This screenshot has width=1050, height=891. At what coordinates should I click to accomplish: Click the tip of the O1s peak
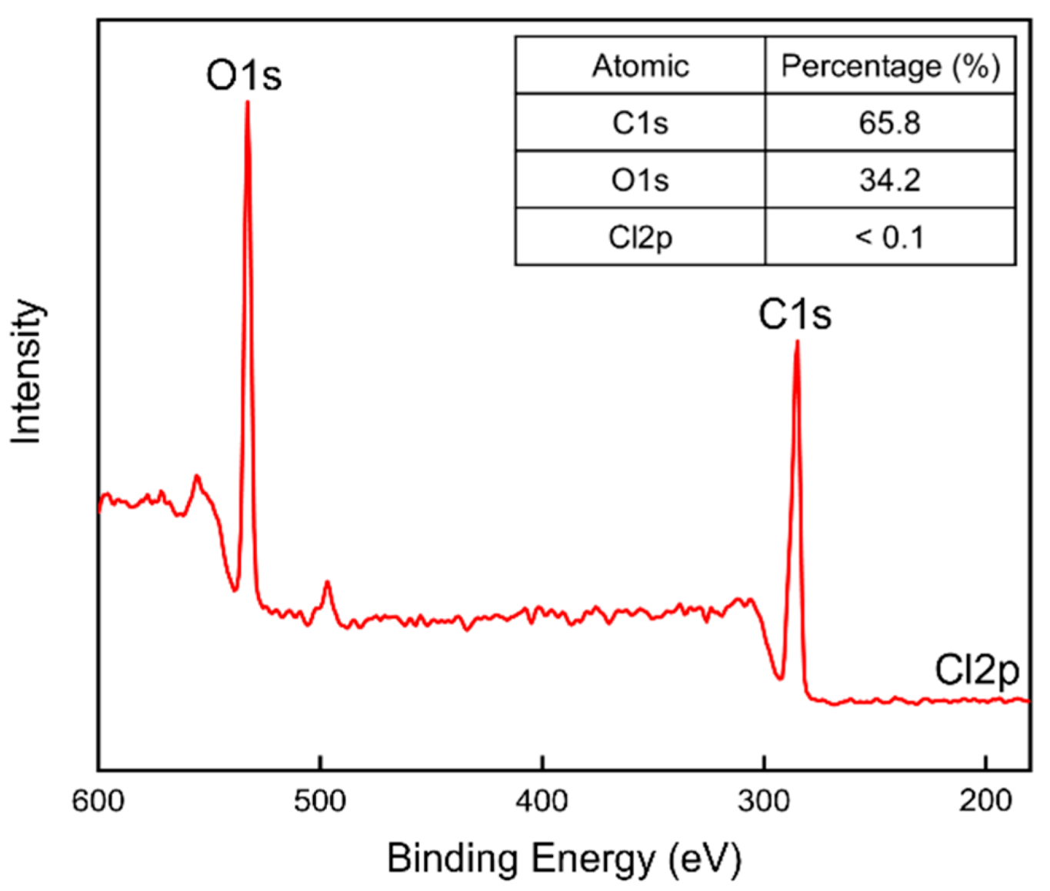(x=247, y=102)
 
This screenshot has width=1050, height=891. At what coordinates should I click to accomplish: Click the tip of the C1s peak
(x=797, y=342)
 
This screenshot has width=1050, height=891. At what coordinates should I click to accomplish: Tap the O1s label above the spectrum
(x=244, y=75)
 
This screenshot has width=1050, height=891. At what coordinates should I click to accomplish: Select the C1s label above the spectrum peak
(x=795, y=314)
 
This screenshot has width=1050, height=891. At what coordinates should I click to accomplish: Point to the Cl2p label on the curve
(x=976, y=670)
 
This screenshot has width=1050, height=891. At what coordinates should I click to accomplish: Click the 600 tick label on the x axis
(x=98, y=800)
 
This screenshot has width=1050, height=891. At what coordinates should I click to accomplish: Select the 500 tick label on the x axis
(x=320, y=800)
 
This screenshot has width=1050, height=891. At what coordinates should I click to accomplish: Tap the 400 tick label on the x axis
(x=542, y=800)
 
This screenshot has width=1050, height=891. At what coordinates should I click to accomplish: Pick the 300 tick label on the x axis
(x=764, y=800)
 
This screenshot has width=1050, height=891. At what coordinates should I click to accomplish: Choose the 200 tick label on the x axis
(x=985, y=800)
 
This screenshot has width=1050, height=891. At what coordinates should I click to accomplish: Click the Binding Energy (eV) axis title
(x=564, y=858)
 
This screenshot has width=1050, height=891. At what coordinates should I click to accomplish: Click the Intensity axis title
(x=26, y=371)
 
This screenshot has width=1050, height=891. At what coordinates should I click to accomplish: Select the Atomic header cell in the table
(x=640, y=66)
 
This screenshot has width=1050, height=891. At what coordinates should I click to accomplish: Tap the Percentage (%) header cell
(x=890, y=66)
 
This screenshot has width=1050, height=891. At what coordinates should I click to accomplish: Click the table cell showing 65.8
(x=890, y=123)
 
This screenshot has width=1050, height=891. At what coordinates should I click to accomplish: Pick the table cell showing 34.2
(x=890, y=180)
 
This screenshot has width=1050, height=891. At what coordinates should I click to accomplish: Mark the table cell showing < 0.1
(x=890, y=237)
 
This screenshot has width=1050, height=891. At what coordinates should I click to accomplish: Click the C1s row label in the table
(x=640, y=123)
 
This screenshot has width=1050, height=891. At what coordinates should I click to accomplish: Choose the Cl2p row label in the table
(x=640, y=237)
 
